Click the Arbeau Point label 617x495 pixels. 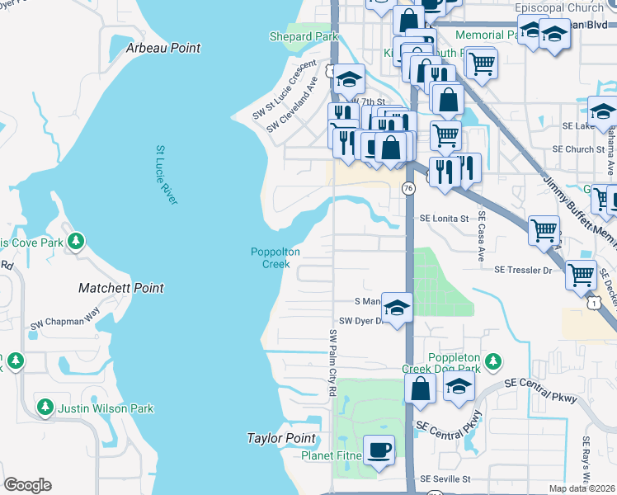coord(163,48)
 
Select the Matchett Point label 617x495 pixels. coord(120,288)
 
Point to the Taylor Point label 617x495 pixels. coord(281,438)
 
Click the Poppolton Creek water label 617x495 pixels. coord(276,258)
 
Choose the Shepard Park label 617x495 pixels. coord(304,36)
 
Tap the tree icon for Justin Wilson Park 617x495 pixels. coord(45,408)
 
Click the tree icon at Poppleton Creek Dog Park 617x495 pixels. coord(493,361)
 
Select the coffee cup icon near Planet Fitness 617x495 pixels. coord(379,450)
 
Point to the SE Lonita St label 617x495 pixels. coord(444,219)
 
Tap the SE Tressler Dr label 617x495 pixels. coord(522,270)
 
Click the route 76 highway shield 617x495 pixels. coord(408,189)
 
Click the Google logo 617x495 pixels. coord(27,485)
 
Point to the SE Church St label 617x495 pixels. coord(578,149)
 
